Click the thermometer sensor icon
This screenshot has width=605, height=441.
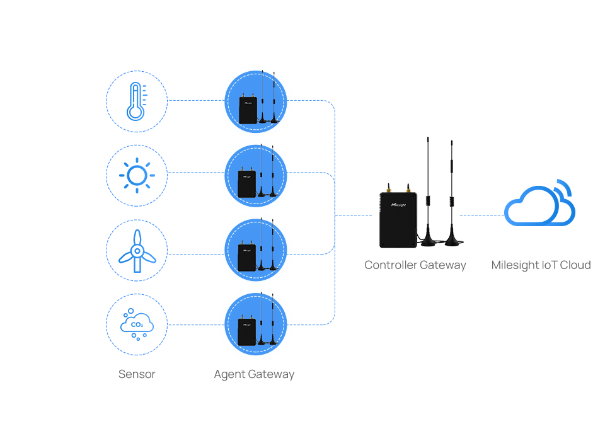[136, 101]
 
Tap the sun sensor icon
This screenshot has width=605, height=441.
[136, 175]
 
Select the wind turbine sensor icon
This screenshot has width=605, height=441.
[136, 250]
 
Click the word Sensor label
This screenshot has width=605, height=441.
[137, 374]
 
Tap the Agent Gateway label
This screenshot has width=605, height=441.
[255, 374]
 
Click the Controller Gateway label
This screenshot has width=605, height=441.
[415, 265]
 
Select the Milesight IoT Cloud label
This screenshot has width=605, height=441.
[541, 265]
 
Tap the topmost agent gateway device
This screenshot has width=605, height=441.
[256, 101]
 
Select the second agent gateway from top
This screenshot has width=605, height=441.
[256, 176]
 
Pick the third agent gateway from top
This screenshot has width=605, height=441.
[256, 250]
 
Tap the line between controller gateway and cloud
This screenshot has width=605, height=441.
[483, 215]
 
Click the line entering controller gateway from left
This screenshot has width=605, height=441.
[357, 215]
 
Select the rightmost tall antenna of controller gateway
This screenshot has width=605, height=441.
[451, 189]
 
